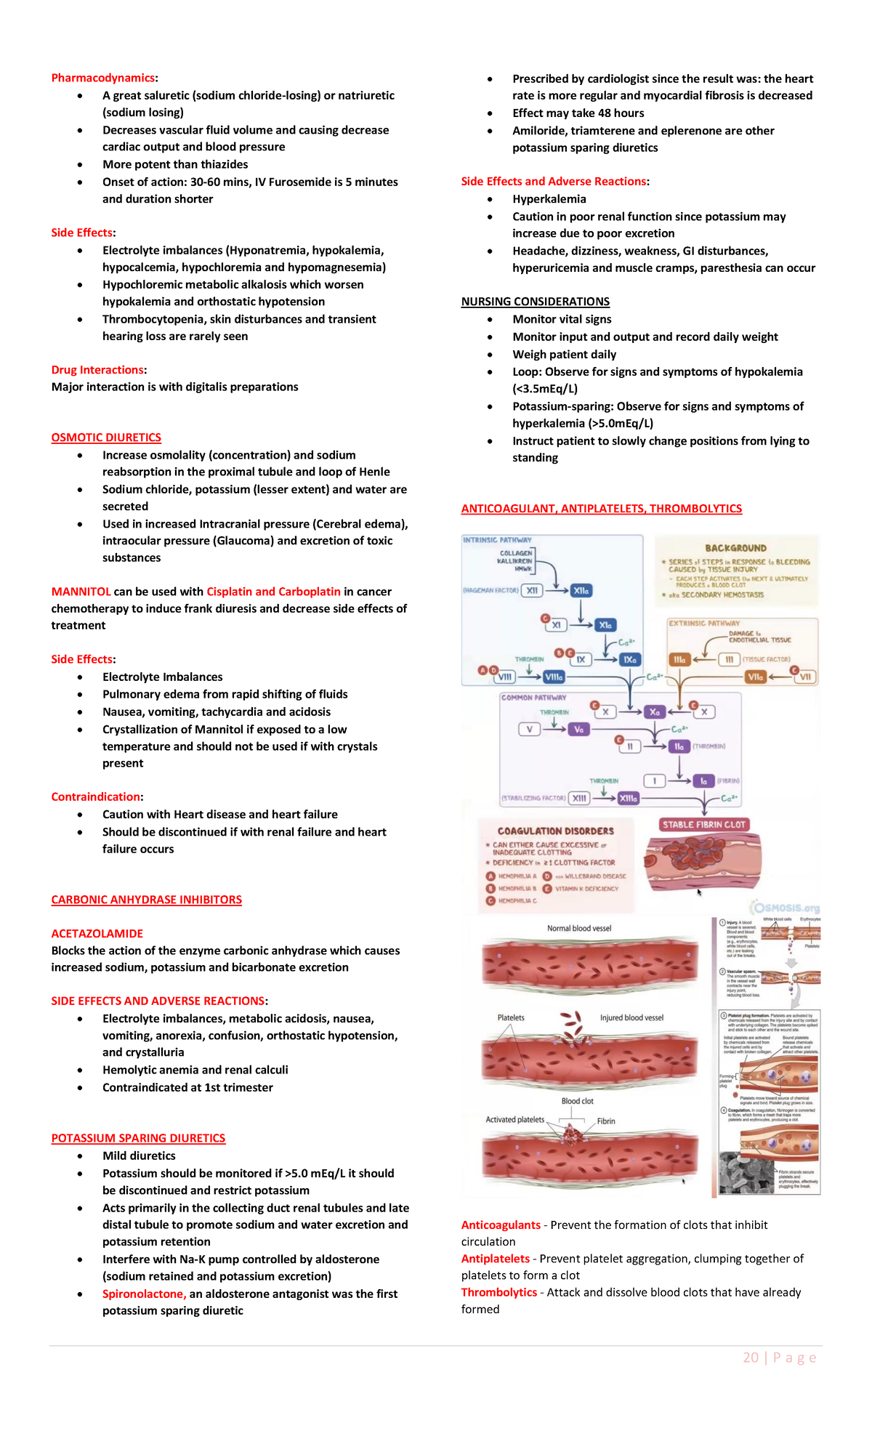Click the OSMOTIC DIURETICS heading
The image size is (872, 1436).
[x=106, y=437]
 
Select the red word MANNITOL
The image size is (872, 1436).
[x=81, y=592]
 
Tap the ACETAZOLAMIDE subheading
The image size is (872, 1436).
[x=97, y=933]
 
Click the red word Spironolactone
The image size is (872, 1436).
[x=144, y=1294]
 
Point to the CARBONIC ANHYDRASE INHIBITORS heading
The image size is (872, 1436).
[x=146, y=900]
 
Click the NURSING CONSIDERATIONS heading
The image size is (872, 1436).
[x=535, y=302]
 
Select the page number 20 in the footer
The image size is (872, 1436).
[x=751, y=1358]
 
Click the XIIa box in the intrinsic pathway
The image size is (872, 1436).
[x=581, y=591]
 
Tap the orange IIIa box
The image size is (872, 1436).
[x=679, y=660]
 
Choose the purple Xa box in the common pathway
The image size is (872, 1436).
[x=655, y=712]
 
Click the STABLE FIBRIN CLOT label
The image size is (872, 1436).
[x=703, y=825]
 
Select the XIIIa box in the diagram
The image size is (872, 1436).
[x=628, y=798]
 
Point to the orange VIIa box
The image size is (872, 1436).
[x=756, y=677]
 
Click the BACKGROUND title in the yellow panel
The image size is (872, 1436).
[x=735, y=548]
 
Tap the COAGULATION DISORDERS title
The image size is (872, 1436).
[x=555, y=831]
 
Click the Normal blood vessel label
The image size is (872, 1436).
[x=579, y=928]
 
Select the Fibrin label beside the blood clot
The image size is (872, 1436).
[x=606, y=1121]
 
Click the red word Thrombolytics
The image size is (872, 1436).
[x=499, y=1292]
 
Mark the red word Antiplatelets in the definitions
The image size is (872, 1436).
[x=496, y=1259]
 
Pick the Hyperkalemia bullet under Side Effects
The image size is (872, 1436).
[x=549, y=199]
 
